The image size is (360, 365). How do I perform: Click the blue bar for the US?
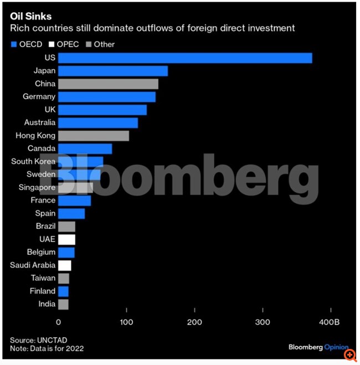(x=185, y=58)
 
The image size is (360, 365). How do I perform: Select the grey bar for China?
(x=108, y=84)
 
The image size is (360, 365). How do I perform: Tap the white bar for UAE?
(x=66, y=239)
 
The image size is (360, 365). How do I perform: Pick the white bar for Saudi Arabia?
(x=64, y=265)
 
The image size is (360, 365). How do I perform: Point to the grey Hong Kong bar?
(x=94, y=136)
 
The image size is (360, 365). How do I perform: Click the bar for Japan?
(x=112, y=71)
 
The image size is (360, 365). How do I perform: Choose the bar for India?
(x=63, y=304)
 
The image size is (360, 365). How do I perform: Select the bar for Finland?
(x=63, y=291)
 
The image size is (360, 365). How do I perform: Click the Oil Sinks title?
(x=30, y=17)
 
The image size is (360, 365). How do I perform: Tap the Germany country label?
(x=39, y=97)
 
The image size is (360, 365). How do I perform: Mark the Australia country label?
(x=40, y=123)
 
